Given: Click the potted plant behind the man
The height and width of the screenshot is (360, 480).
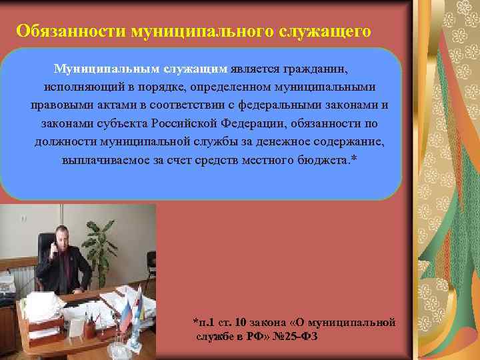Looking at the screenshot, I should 100,247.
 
